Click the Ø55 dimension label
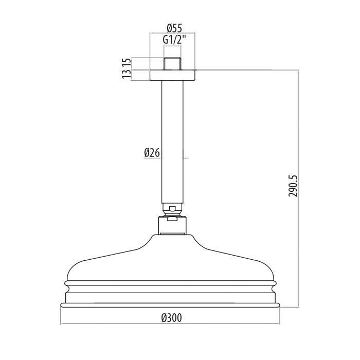pyautogui.click(x=174, y=28)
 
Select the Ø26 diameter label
pyautogui.click(x=152, y=153)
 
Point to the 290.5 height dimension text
pyautogui.click(x=293, y=186)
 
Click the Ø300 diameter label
pyautogui.click(x=171, y=318)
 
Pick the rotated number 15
pyautogui.click(x=127, y=63)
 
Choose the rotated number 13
pyautogui.click(x=127, y=74)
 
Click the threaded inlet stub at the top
pyautogui.click(x=172, y=64)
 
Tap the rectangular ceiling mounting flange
pyautogui.click(x=172, y=75)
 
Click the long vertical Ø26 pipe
pyautogui.click(x=172, y=142)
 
